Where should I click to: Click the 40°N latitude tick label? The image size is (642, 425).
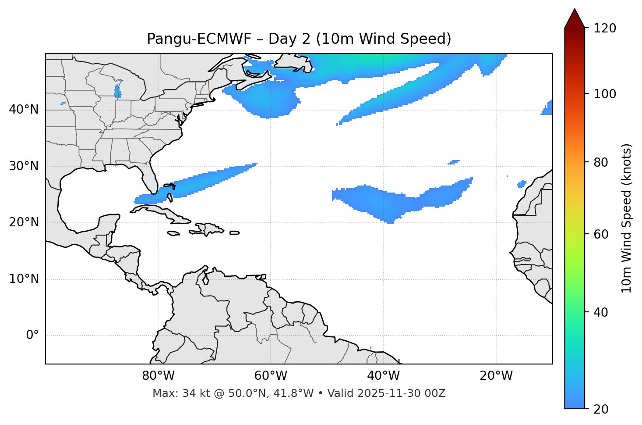pyautogui.click(x=24, y=110)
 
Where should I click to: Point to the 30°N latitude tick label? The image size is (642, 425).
pyautogui.click(x=24, y=166)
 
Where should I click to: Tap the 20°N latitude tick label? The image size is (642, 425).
pyautogui.click(x=24, y=223)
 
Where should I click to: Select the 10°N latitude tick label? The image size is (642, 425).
pyautogui.click(x=24, y=279)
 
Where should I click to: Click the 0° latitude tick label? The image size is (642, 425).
pyautogui.click(x=32, y=336)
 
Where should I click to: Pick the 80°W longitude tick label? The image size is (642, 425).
pyautogui.click(x=158, y=376)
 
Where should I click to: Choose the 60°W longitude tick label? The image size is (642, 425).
pyautogui.click(x=271, y=376)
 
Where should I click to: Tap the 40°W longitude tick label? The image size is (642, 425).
pyautogui.click(x=383, y=376)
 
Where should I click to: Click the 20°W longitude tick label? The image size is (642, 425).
pyautogui.click(x=496, y=376)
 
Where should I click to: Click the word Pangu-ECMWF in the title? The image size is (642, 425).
pyautogui.click(x=199, y=39)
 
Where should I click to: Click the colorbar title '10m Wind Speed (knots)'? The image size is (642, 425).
pyautogui.click(x=627, y=218)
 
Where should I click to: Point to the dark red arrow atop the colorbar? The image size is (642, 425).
pyautogui.click(x=575, y=18)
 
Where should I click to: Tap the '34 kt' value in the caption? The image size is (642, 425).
pyautogui.click(x=190, y=393)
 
